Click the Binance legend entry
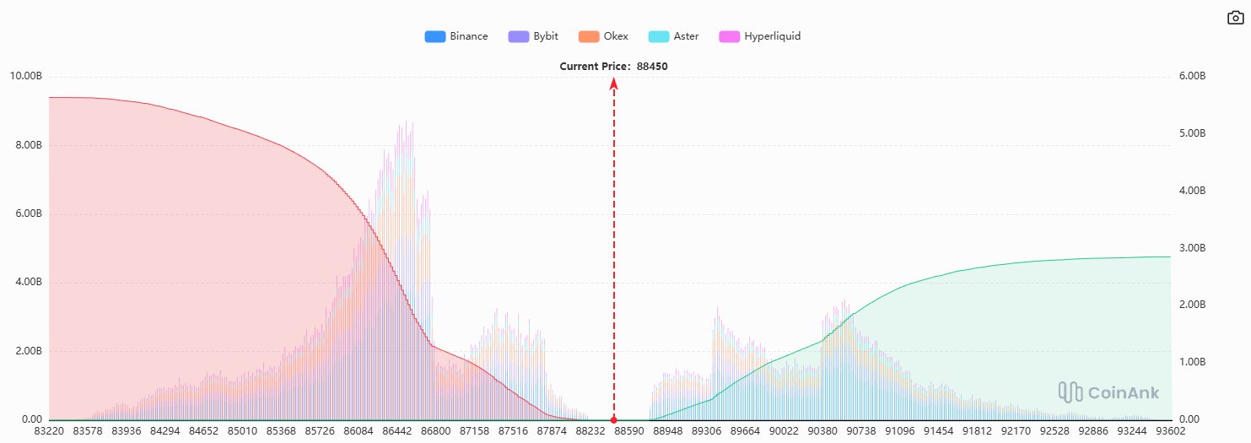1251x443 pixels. (456, 36)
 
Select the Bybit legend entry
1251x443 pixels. (533, 36)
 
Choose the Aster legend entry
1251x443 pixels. (673, 36)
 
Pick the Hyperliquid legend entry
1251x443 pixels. (759, 36)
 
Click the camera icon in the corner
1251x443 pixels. (1235, 18)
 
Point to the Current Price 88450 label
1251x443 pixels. (614, 66)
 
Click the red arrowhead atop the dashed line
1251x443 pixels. (614, 83)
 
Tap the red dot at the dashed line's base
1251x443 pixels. (614, 419)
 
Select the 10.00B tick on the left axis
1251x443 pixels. (25, 76)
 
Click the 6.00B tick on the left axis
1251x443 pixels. (28, 213)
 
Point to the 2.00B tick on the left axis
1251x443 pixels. (28, 351)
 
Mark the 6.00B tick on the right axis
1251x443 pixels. (1191, 76)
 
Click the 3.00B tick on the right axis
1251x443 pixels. (1191, 248)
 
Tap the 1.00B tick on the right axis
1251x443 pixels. (1191, 362)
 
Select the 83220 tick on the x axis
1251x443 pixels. (49, 431)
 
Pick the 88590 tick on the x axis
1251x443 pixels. (628, 431)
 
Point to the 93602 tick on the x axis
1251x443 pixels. (1168, 431)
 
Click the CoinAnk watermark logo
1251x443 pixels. (1108, 392)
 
